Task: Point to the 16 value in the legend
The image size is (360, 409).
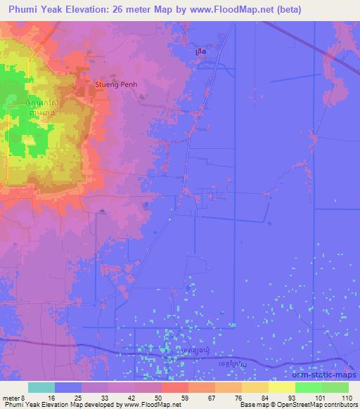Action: point(51,397)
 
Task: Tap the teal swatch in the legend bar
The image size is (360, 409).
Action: point(41,387)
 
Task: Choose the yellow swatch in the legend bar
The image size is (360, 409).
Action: point(281,387)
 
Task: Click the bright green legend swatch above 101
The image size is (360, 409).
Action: point(308,387)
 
